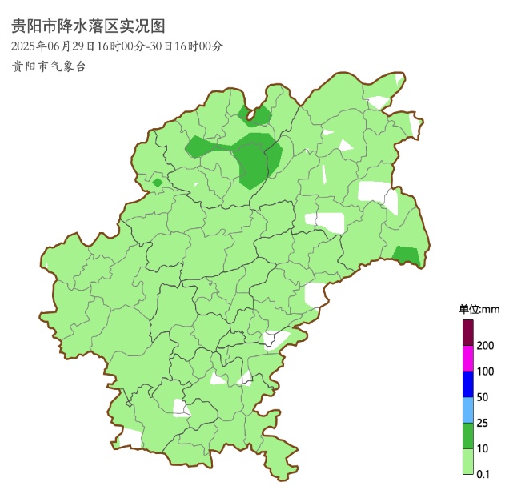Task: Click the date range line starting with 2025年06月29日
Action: coord(117,46)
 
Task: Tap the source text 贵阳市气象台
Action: coord(48,66)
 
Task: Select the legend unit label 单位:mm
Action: coord(479,309)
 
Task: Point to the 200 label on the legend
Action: coord(485,345)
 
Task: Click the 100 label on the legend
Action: coord(485,372)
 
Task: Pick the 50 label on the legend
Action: coord(483,397)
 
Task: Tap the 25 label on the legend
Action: coord(483,423)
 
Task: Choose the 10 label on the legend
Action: coord(483,448)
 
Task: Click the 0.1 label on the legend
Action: coord(483,474)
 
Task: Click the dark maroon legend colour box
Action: coord(468,332)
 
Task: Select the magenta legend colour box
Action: coord(468,358)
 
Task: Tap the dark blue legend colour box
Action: coord(468,384)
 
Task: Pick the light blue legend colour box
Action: coord(468,409)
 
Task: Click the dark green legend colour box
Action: coord(468,435)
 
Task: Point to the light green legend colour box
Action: coord(468,461)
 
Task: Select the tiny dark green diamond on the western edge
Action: coord(158,183)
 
